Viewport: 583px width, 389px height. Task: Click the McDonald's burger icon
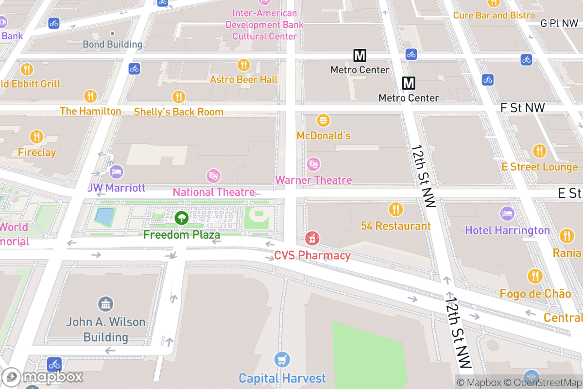click(x=323, y=120)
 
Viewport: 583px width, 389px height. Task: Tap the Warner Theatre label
click(x=313, y=180)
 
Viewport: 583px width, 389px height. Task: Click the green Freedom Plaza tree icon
click(x=182, y=218)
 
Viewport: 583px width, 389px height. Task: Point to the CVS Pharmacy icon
click(x=312, y=239)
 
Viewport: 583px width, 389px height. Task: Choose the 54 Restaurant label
click(x=395, y=226)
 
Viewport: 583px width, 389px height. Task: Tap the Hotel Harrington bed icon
click(x=507, y=213)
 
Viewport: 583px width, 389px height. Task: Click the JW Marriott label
click(x=116, y=188)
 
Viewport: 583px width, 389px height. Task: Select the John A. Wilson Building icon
click(x=105, y=304)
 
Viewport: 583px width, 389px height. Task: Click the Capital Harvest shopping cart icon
click(x=282, y=360)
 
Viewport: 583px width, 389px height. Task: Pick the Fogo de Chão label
click(x=535, y=294)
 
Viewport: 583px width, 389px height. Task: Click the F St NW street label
click(x=522, y=107)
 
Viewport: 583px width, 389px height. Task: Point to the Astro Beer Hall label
click(x=243, y=79)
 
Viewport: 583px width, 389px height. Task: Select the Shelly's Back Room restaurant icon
click(x=179, y=97)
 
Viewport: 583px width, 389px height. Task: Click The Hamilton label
click(x=90, y=111)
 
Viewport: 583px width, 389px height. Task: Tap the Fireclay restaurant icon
click(x=37, y=137)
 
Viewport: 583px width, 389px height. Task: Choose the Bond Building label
click(x=112, y=44)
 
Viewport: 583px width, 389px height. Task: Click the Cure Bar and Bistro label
click(x=494, y=15)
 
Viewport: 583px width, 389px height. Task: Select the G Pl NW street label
click(x=559, y=23)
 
